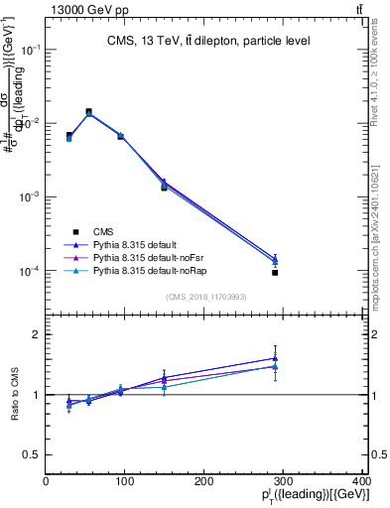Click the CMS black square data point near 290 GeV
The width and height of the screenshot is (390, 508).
[275, 272]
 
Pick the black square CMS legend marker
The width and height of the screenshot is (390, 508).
[75, 230]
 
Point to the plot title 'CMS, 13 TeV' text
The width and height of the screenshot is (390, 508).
[145, 42]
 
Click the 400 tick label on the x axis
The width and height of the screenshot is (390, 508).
[361, 481]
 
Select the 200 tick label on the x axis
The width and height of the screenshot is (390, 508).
[203, 481]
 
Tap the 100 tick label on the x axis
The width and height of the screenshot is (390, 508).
[124, 481]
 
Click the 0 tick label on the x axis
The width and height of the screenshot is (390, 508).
[46, 481]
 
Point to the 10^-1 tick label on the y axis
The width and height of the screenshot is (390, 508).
[30, 49]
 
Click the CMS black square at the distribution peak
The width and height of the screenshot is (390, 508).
[88, 112]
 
